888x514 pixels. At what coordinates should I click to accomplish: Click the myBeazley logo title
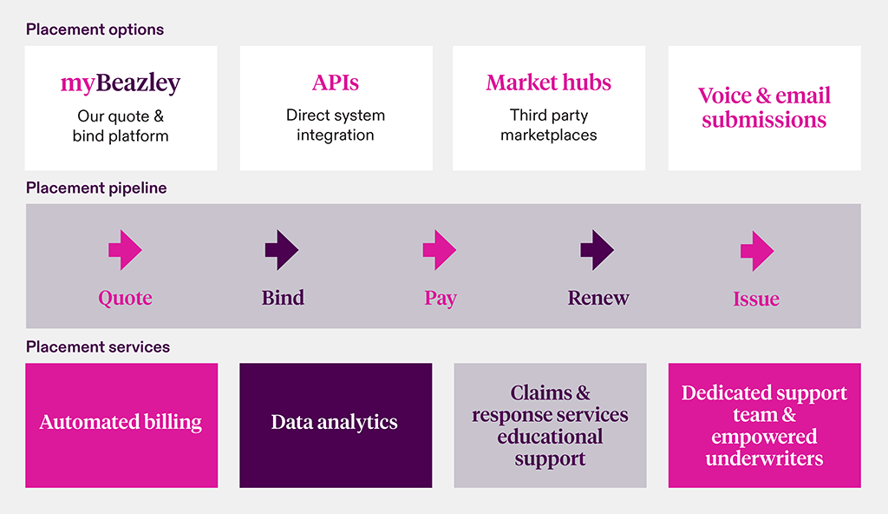click(121, 82)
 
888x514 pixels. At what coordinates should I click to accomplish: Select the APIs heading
click(336, 82)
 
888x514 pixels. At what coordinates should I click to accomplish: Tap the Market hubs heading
click(549, 82)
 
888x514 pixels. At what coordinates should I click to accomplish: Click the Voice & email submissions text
click(764, 107)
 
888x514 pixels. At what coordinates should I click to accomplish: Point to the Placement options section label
click(95, 30)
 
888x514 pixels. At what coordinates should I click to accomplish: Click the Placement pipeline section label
click(96, 188)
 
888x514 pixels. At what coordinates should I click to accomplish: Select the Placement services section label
click(98, 346)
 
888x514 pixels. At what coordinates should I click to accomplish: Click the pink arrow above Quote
click(125, 250)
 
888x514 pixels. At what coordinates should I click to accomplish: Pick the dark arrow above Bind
click(282, 250)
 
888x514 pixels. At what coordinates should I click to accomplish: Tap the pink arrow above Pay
click(440, 250)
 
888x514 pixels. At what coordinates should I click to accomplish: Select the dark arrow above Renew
click(597, 250)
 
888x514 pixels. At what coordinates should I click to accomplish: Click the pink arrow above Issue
click(757, 251)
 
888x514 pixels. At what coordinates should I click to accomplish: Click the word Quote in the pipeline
click(125, 299)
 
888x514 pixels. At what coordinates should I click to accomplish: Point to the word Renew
click(598, 298)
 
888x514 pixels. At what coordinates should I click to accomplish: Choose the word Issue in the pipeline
click(756, 299)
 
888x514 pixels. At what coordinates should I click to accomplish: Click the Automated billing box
click(121, 425)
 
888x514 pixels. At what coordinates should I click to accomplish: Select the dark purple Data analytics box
click(336, 425)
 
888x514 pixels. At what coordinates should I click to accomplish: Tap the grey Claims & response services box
click(550, 425)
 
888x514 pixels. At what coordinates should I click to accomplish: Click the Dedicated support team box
click(765, 425)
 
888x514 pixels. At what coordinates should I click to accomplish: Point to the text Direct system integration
click(336, 125)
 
